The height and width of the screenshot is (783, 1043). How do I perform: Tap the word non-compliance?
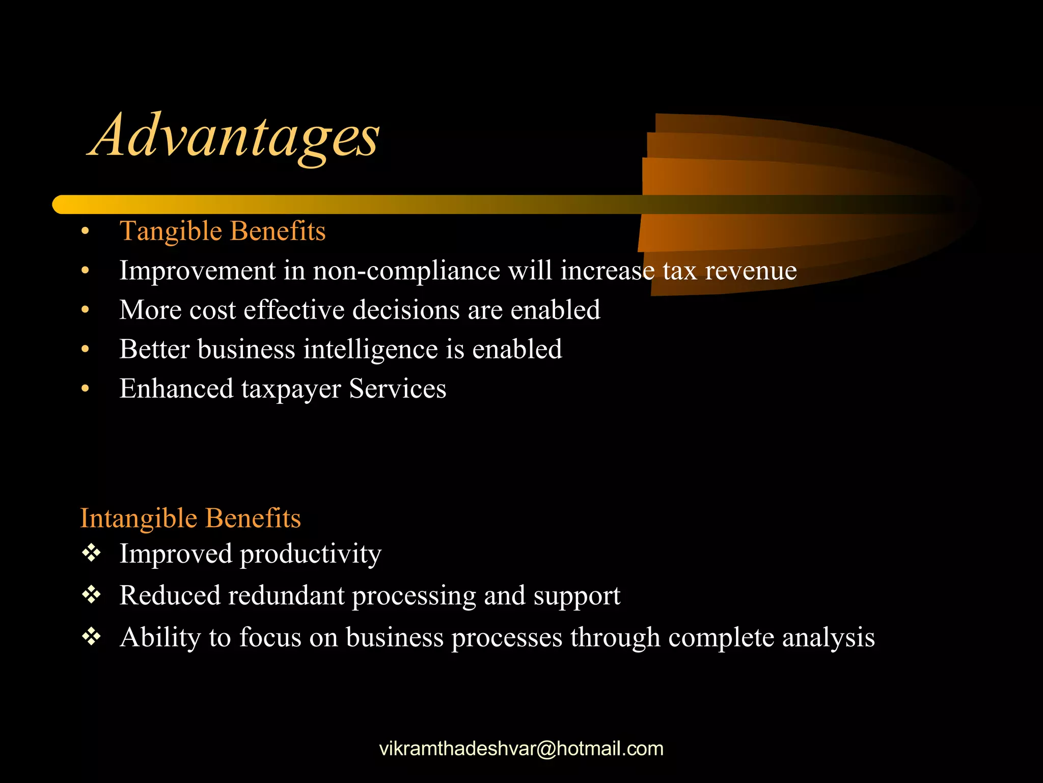coord(406,271)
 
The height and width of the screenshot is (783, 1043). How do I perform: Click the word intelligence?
coord(371,350)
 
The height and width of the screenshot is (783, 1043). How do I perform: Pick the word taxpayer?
coord(291,389)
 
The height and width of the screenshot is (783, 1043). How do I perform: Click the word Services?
coord(397,388)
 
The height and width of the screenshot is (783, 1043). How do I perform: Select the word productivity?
coord(310,555)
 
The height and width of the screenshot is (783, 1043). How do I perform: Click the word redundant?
coord(286,595)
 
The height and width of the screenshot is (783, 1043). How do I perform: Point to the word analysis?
coord(828,638)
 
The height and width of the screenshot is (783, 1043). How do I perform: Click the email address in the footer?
coord(521,749)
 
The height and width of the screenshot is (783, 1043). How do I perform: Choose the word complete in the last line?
coord(721,638)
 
